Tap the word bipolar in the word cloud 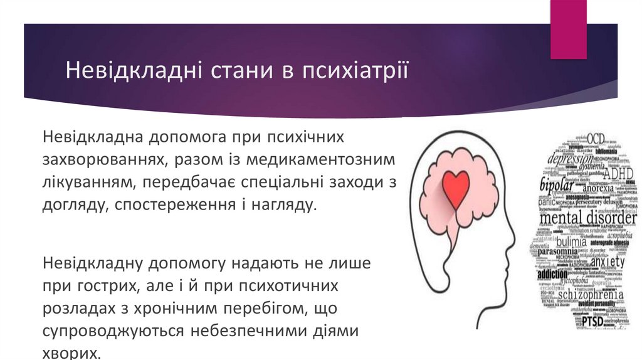click(x=558, y=186)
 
